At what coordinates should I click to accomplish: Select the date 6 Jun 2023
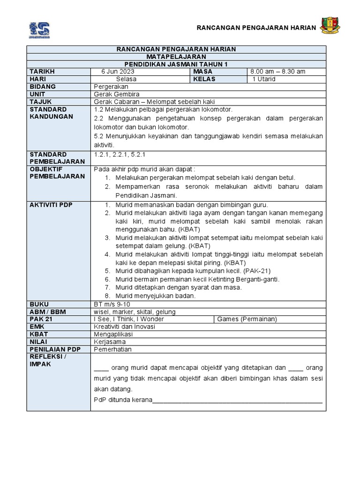coord(118,71)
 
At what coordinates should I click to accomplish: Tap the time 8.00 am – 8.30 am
coord(277,71)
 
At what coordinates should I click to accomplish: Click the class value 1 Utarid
coord(264,79)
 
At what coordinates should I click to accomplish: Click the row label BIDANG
coord(43,87)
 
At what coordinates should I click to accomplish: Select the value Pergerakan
coord(111,87)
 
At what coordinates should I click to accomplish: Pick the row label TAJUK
coord(40,102)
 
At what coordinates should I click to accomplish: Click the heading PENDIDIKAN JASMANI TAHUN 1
coord(176,64)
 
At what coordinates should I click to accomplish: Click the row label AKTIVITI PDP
coord(51,205)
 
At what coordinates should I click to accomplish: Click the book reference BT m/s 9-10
coord(112,304)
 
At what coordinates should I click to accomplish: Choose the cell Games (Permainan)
coord(247,319)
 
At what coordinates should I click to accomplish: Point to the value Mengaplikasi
coord(113,334)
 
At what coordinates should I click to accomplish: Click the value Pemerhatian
coord(112,349)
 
